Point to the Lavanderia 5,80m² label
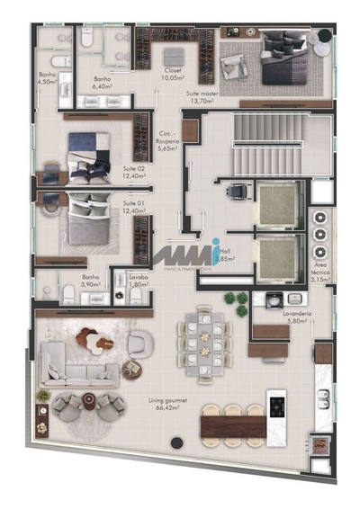coord(294,317)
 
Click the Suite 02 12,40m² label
coord(136,171)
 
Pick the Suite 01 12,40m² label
coord(136,208)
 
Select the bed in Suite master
coord(286,63)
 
